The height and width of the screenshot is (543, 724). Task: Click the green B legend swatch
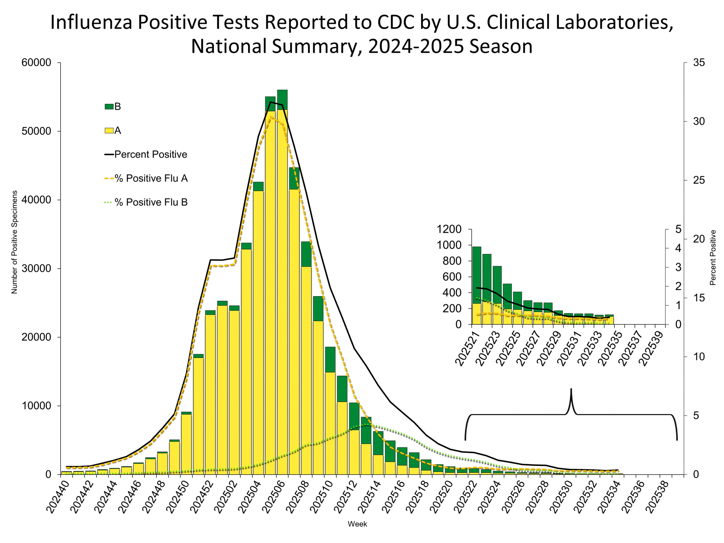coord(109,106)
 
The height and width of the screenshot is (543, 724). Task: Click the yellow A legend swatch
coord(109,131)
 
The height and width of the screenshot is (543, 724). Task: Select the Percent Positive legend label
coord(150,154)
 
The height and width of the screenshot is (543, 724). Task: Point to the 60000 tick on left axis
coord(36,63)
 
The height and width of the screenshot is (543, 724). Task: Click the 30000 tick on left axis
coord(36,268)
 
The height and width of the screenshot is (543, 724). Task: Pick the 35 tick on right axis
coord(699,63)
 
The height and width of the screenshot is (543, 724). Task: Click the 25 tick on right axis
coord(699,180)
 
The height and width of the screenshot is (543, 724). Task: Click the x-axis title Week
coord(357,524)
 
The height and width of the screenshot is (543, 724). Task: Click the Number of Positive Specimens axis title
coord(14,242)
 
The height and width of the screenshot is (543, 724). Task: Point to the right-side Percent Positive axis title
coord(712,258)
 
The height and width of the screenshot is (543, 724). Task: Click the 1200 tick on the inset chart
coord(449,229)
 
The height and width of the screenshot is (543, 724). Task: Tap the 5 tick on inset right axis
coord(678,229)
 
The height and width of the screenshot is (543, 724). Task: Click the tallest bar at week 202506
coord(282,281)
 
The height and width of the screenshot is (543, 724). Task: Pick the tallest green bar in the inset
coord(477,275)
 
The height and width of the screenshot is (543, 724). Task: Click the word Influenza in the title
coord(91,22)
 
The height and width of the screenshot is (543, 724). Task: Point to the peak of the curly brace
coord(571,389)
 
